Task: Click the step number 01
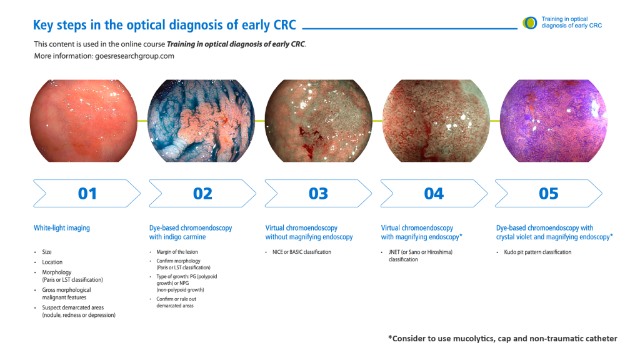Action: (x=87, y=194)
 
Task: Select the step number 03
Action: (x=318, y=194)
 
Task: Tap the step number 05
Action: (x=549, y=194)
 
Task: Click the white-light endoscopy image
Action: (x=84, y=121)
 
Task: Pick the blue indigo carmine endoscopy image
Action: (x=201, y=121)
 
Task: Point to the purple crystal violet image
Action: (x=554, y=121)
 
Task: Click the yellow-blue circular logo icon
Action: (x=530, y=23)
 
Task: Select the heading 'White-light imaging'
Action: (x=62, y=227)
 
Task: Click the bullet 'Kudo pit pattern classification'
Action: (x=537, y=252)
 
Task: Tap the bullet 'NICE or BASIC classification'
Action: (x=302, y=252)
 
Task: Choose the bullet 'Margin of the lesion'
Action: (x=177, y=252)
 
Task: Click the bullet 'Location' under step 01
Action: (x=52, y=262)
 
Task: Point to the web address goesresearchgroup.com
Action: (x=135, y=56)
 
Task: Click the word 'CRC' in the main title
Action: (x=284, y=25)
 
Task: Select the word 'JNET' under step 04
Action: (x=394, y=252)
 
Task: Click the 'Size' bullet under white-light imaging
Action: (x=47, y=252)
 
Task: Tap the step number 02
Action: (x=203, y=194)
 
